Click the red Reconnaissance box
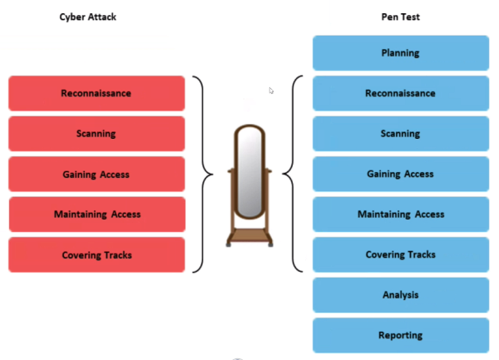pyautogui.click(x=96, y=94)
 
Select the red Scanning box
pyautogui.click(x=96, y=134)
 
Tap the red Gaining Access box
pyautogui.click(x=96, y=175)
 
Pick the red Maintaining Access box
pyautogui.click(x=96, y=215)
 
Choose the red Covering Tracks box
pyautogui.click(x=96, y=254)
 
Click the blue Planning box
pyautogui.click(x=400, y=53)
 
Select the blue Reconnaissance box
pyautogui.click(x=400, y=93)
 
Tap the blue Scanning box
pyautogui.click(x=400, y=134)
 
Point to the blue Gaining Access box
pyautogui.click(x=400, y=174)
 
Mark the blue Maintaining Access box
pyautogui.click(x=400, y=215)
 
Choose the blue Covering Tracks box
pyautogui.click(x=400, y=254)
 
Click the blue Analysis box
pyautogui.click(x=400, y=295)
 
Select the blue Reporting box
pyautogui.click(x=400, y=335)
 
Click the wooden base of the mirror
pyautogui.click(x=249, y=235)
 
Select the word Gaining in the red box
pyautogui.click(x=80, y=175)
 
